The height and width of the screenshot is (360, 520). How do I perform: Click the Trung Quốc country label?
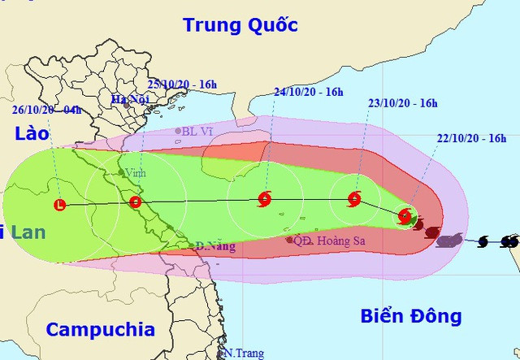pos(240,24)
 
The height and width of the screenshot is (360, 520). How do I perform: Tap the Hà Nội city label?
pos(126,100)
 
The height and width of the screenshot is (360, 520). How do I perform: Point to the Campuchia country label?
pos(100,329)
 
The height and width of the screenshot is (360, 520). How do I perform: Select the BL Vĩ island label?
pos(196,131)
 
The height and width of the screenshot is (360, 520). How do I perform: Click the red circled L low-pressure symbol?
pos(59,205)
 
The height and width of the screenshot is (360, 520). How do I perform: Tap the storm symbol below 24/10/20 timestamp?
pos(264,198)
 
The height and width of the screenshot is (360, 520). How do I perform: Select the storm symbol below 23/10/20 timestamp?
pos(354,198)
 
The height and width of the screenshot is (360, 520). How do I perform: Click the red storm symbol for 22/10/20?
pos(405,215)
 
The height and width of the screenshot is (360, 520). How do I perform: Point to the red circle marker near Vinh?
pos(135,202)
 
